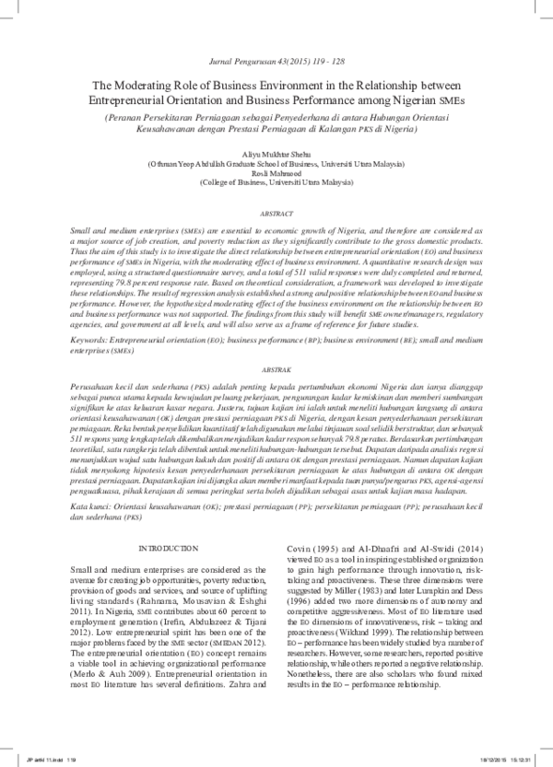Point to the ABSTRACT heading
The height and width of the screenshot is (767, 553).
tap(276, 213)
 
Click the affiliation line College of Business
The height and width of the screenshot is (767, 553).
tap(276, 181)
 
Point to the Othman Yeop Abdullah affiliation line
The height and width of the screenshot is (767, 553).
tap(276, 161)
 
